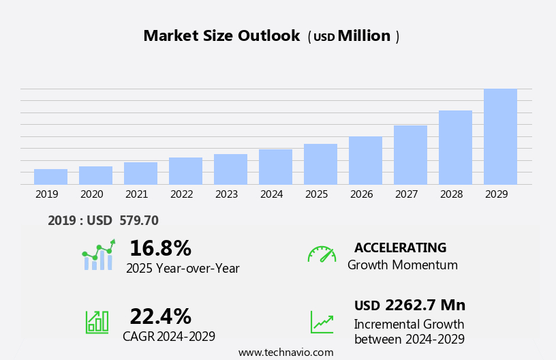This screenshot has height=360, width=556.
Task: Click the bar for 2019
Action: [50, 177]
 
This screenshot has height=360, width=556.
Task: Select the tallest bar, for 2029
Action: [500, 137]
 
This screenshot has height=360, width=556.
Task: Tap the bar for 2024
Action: [275, 167]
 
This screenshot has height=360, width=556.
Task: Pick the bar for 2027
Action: [410, 155]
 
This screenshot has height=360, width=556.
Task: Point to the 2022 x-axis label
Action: [181, 194]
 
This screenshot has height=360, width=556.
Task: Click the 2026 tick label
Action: [361, 194]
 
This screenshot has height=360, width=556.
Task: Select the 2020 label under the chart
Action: [91, 194]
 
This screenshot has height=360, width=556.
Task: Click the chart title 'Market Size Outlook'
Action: [221, 36]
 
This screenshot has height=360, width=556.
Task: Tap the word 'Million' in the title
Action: [364, 36]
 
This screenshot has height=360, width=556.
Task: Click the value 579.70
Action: [138, 221]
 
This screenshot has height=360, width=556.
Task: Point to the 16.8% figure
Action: [160, 248]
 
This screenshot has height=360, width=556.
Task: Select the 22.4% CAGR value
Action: [160, 316]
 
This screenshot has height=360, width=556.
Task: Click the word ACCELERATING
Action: [400, 248]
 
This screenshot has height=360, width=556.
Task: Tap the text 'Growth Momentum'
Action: [402, 265]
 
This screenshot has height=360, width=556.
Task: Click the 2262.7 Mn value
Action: [424, 305]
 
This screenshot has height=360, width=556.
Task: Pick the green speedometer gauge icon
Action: [322, 255]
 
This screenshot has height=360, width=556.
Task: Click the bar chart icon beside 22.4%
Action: [97, 321]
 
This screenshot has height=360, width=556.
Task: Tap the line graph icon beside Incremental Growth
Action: [322, 322]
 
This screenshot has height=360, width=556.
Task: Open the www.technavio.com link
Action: [285, 352]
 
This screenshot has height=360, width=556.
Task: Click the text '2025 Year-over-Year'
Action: [183, 269]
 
